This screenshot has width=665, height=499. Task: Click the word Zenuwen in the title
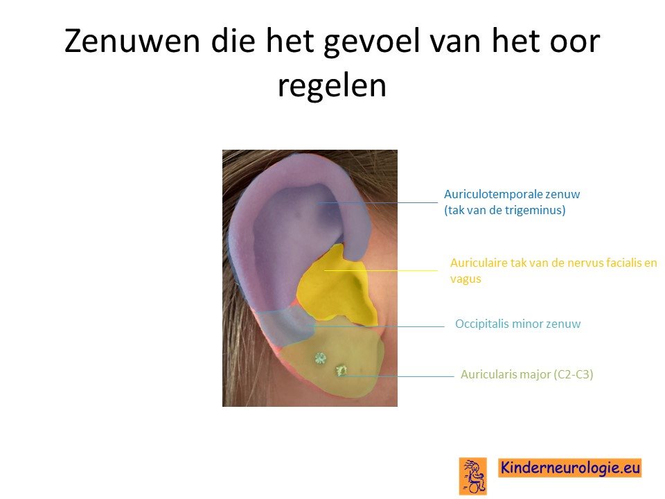pyautogui.click(x=132, y=41)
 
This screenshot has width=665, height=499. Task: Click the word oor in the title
pyautogui.click(x=573, y=42)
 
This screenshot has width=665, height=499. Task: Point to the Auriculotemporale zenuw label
pyautogui.click(x=512, y=194)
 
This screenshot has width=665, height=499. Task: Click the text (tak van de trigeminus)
pyautogui.click(x=505, y=210)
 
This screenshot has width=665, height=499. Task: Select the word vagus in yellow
pyautogui.click(x=465, y=279)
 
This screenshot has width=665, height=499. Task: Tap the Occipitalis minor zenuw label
pyautogui.click(x=518, y=324)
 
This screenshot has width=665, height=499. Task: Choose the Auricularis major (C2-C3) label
pyautogui.click(x=526, y=374)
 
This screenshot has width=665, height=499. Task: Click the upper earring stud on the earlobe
pyautogui.click(x=320, y=358)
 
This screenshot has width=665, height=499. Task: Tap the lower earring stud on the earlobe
pyautogui.click(x=341, y=371)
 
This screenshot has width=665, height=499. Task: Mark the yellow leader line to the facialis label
pyautogui.click(x=381, y=270)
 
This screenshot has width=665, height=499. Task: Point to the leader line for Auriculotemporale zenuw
pyautogui.click(x=377, y=203)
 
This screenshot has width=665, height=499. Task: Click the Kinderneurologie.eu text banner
pyautogui.click(x=569, y=468)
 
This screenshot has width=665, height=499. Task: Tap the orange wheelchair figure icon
pyautogui.click(x=473, y=476)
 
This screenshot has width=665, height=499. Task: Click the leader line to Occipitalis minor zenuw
pyautogui.click(x=378, y=326)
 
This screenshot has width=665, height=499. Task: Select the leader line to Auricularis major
pyautogui.click(x=399, y=376)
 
